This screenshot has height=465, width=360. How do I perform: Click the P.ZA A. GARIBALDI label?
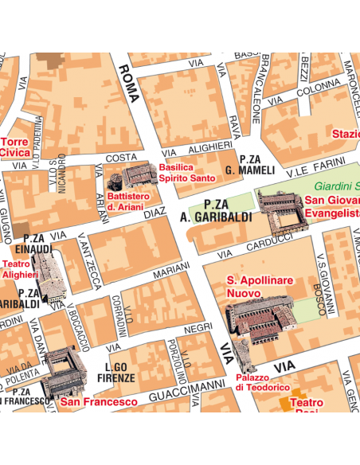(x=216, y=210)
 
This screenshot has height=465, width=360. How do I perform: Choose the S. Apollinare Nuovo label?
(x=260, y=287)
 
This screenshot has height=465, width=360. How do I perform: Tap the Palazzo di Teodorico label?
(x=262, y=382)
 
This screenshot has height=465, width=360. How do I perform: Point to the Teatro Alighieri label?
(x=16, y=268)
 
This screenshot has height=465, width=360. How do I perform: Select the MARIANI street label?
(x=171, y=272)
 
